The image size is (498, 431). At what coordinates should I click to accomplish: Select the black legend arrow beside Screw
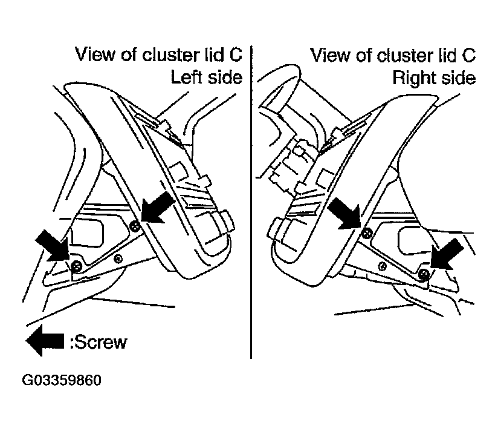tap(45, 341)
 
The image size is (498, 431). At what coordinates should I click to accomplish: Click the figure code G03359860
tap(62, 380)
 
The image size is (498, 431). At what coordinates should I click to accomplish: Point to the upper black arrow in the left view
tap(158, 207)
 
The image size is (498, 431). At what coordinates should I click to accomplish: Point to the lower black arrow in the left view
tap(53, 245)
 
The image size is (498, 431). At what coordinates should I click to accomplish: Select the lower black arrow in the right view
tap(447, 254)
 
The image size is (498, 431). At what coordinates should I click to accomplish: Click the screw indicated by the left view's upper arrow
tap(135, 226)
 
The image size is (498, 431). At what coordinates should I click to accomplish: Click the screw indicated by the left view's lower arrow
tap(77, 266)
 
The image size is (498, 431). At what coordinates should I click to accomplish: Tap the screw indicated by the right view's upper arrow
tap(367, 233)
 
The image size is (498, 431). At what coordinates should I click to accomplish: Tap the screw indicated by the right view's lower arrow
tap(424, 274)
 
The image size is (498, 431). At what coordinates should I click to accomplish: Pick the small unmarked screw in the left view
tap(118, 259)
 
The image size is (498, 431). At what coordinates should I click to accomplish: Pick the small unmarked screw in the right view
tap(383, 266)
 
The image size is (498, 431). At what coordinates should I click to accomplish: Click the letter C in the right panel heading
tap(468, 55)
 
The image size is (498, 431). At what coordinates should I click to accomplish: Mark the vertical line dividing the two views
tap(251, 203)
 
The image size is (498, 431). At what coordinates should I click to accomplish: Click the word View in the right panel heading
tap(331, 55)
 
